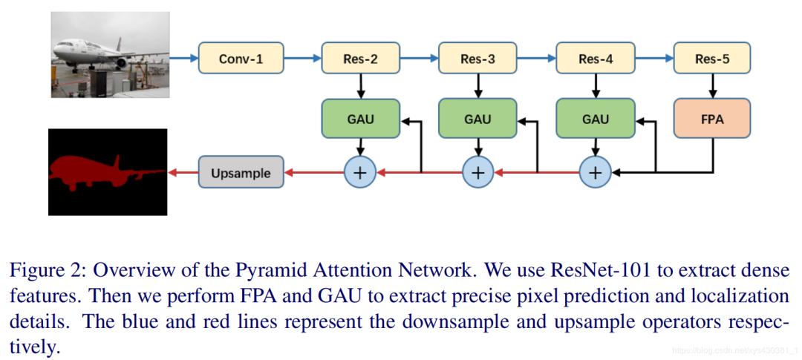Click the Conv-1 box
tap(241, 59)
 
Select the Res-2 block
tap(360, 59)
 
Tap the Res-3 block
tap(477, 59)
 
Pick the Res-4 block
tap(595, 59)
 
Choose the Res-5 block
tap(712, 59)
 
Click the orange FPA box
tap(712, 119)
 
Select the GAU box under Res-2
tap(360, 119)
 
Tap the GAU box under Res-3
tap(477, 119)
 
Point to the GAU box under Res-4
tap(595, 119)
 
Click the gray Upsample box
tap(241, 172)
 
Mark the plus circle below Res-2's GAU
tap(360, 172)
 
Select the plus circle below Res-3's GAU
tap(477, 172)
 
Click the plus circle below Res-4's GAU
tap(595, 172)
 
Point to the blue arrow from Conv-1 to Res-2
tap(301, 59)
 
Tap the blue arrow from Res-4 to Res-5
tap(653, 59)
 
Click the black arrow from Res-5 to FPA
tap(712, 86)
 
